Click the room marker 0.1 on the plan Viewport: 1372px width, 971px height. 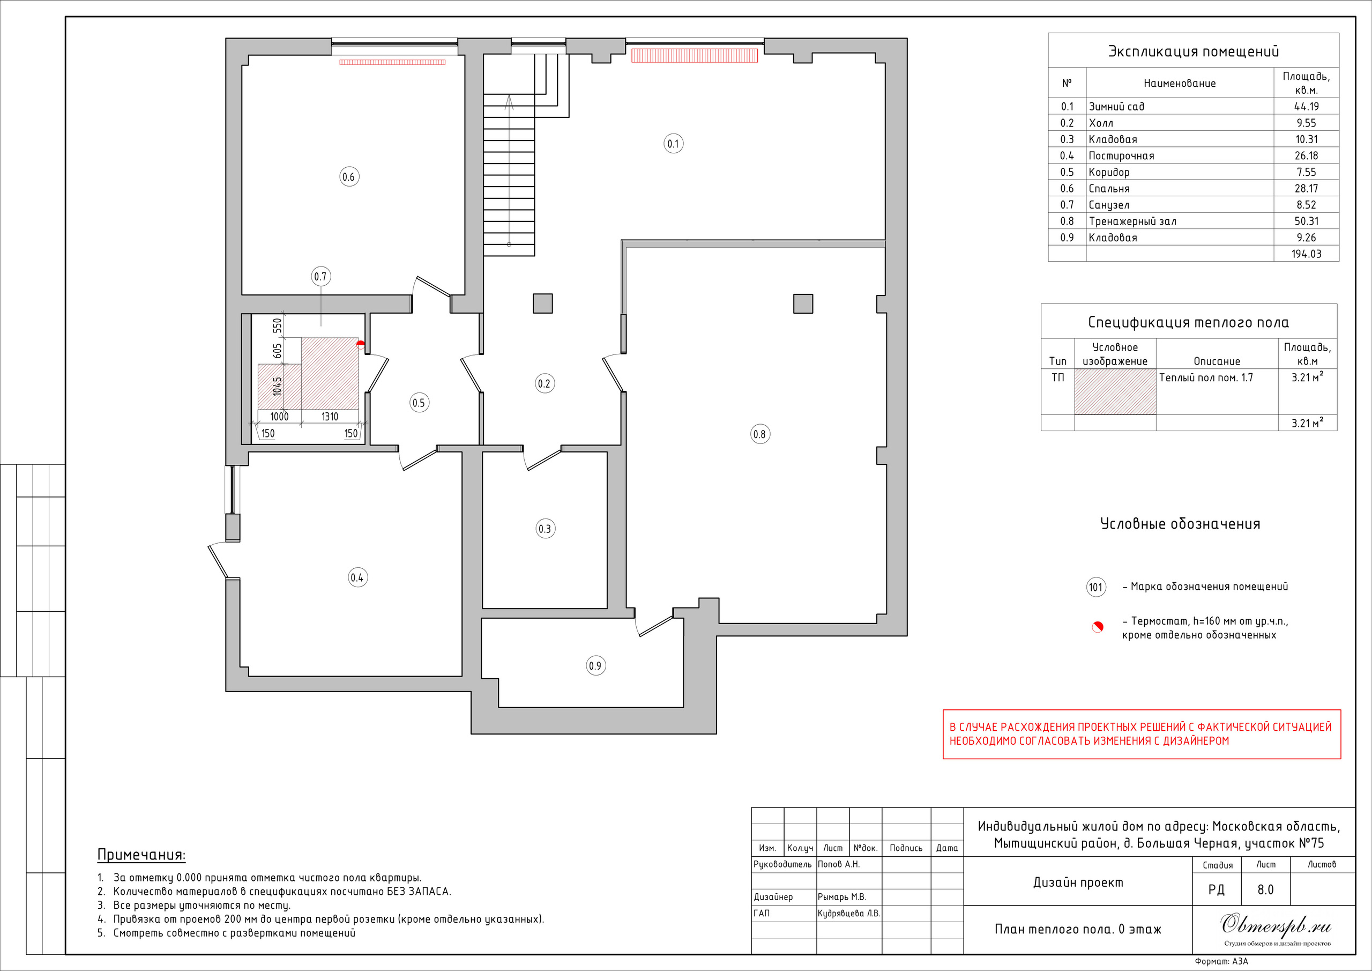674,144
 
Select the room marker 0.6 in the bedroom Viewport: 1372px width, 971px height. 349,177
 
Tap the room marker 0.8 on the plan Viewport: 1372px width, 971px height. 759,434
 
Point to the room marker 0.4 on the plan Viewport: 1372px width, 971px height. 357,577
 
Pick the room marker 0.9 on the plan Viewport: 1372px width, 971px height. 595,665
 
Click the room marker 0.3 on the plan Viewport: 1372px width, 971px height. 545,529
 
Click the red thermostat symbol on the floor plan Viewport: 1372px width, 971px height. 360,344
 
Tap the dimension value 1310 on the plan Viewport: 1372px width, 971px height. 330,417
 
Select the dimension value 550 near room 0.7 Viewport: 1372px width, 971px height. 277,326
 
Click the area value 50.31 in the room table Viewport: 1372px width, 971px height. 1306,221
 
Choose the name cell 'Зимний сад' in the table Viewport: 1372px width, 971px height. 1116,106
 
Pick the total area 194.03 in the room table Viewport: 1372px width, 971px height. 1306,254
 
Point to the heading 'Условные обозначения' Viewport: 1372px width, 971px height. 1180,524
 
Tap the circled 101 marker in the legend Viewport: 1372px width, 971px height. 1096,587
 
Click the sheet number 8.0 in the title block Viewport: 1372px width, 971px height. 1266,890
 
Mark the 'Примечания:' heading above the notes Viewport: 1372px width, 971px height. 141,855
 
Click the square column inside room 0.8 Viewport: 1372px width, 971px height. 803,303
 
